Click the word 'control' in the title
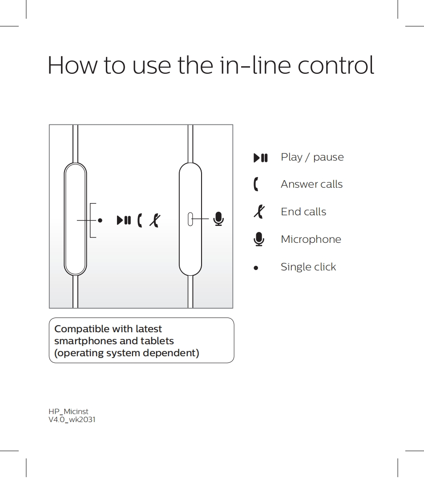click(x=335, y=65)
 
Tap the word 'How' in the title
click(x=73, y=65)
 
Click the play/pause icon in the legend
click(x=261, y=157)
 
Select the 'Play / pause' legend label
click(x=312, y=157)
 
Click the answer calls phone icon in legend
click(x=256, y=184)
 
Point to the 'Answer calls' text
click(x=311, y=184)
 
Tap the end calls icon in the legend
click(x=259, y=212)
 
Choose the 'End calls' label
click(x=303, y=212)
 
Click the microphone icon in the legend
click(x=258, y=239)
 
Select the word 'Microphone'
click(x=311, y=239)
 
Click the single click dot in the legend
click(x=256, y=268)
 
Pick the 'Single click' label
click(x=308, y=267)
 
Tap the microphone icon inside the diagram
click(x=218, y=219)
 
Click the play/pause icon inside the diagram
click(x=124, y=220)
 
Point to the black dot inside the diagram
click(x=100, y=220)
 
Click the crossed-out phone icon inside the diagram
click(x=155, y=220)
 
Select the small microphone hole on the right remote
click(x=190, y=219)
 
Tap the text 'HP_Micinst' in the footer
click(x=69, y=412)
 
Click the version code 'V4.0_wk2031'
click(x=72, y=420)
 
